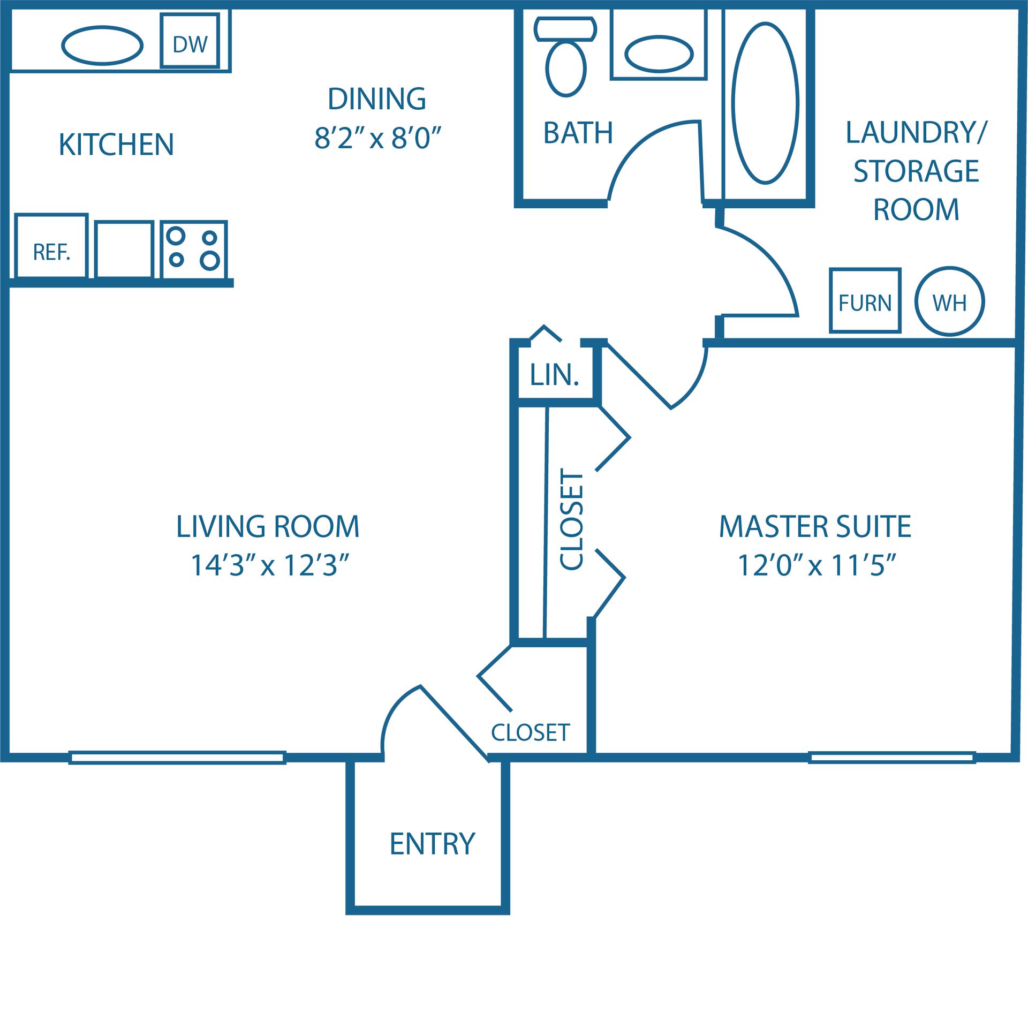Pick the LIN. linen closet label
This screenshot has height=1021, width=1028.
(x=555, y=375)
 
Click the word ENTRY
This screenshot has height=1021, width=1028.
(x=432, y=844)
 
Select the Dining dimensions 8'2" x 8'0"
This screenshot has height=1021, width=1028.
(x=377, y=138)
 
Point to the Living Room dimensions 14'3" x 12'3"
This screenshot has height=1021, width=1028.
(x=270, y=565)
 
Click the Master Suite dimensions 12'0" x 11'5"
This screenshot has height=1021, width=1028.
(x=817, y=565)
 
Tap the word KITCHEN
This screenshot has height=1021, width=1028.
(x=116, y=145)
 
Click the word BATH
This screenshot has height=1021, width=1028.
(x=578, y=133)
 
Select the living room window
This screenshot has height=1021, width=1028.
(x=177, y=757)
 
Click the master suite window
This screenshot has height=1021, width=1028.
(x=891, y=757)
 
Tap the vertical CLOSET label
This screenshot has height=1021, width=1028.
(x=571, y=519)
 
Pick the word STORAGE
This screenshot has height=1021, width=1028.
(x=916, y=171)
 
